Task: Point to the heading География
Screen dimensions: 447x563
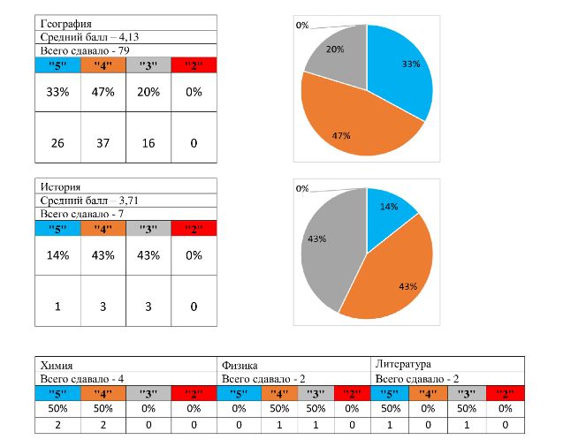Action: tap(65, 22)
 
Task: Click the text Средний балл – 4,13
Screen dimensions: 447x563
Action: tap(88, 37)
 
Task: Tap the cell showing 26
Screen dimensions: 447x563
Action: tap(57, 143)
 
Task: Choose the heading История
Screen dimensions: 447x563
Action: tap(60, 187)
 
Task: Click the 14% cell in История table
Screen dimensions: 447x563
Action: tap(57, 255)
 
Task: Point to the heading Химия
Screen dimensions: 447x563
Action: tap(57, 364)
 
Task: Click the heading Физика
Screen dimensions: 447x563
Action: tap(240, 364)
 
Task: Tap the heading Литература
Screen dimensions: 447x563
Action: tap(403, 364)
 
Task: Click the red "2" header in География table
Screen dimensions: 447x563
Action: tap(194, 65)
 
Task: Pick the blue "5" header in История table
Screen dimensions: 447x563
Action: tap(57, 228)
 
